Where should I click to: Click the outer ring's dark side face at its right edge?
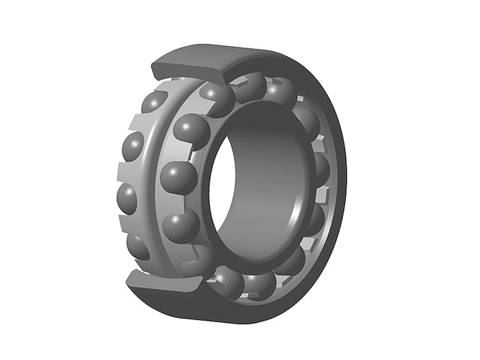(342, 180)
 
